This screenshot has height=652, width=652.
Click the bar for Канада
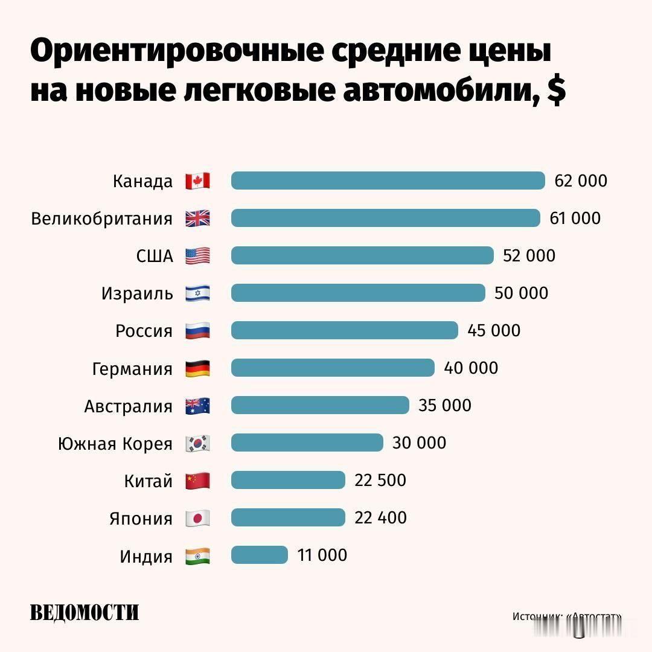click(388, 181)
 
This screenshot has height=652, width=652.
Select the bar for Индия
click(259, 555)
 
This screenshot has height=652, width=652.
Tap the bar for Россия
click(344, 330)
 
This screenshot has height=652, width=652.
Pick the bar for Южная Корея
click(307, 443)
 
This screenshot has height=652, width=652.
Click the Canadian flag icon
click(197, 181)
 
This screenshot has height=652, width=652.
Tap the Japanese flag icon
click(197, 518)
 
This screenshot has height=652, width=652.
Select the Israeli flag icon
click(197, 293)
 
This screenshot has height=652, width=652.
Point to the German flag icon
click(197, 368)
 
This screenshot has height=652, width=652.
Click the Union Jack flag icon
click(197, 218)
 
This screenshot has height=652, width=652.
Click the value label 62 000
click(580, 181)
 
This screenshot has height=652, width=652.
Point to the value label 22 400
click(380, 517)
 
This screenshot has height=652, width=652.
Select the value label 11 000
click(322, 555)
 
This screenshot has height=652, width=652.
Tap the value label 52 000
click(529, 255)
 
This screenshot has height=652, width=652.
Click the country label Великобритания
click(101, 219)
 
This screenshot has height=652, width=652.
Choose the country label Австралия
click(128, 406)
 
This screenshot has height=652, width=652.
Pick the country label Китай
click(148, 481)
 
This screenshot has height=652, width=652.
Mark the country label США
click(155, 256)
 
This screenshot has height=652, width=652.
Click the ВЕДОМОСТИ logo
click(85, 612)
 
